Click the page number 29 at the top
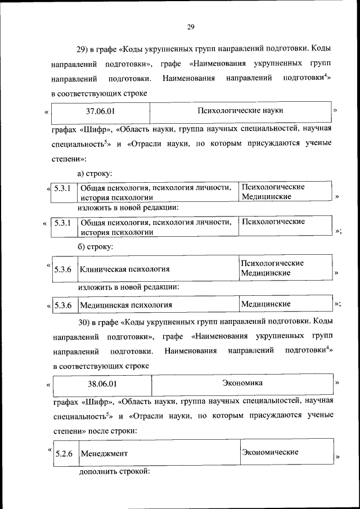[190, 26]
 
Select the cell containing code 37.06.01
[100, 111]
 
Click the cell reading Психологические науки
[241, 111]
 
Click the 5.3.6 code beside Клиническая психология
[63, 269]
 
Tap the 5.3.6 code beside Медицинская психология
[63, 305]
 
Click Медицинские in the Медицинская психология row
[265, 304]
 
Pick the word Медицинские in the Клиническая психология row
[265, 273]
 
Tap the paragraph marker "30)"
[85, 322]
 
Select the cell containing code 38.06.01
[102, 384]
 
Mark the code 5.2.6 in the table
[64, 453]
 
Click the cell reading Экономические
[270, 452]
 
